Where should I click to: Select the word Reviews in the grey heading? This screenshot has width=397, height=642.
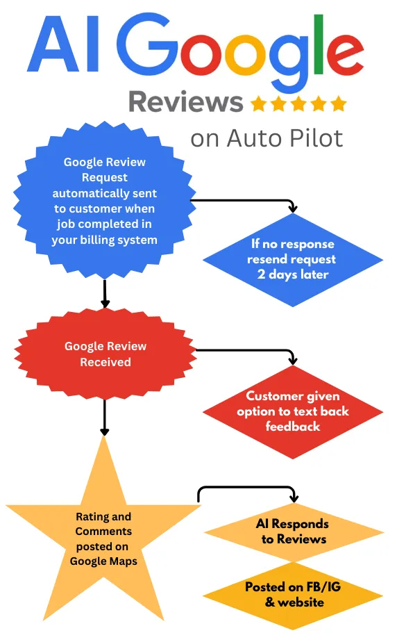tap(186, 101)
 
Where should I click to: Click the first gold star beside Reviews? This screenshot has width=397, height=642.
tap(258, 104)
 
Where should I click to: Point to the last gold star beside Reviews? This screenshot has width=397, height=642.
tap(339, 104)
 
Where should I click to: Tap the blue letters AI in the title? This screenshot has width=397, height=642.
tap(63, 44)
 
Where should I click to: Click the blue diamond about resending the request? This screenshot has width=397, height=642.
tap(293, 260)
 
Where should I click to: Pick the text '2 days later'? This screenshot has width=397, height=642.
tap(293, 274)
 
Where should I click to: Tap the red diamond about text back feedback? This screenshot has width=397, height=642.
tap(293, 411)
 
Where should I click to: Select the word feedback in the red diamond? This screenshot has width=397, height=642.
tap(293, 427)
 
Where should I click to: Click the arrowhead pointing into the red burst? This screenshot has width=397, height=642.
tap(105, 304)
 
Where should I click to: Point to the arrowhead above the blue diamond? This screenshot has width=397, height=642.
tap(293, 208)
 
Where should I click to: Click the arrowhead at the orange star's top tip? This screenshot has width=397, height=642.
tap(105, 431)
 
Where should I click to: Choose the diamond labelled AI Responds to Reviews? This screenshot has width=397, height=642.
tap(294, 532)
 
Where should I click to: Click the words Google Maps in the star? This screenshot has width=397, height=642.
tap(103, 561)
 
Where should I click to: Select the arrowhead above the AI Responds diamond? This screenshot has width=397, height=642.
tap(294, 498)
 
